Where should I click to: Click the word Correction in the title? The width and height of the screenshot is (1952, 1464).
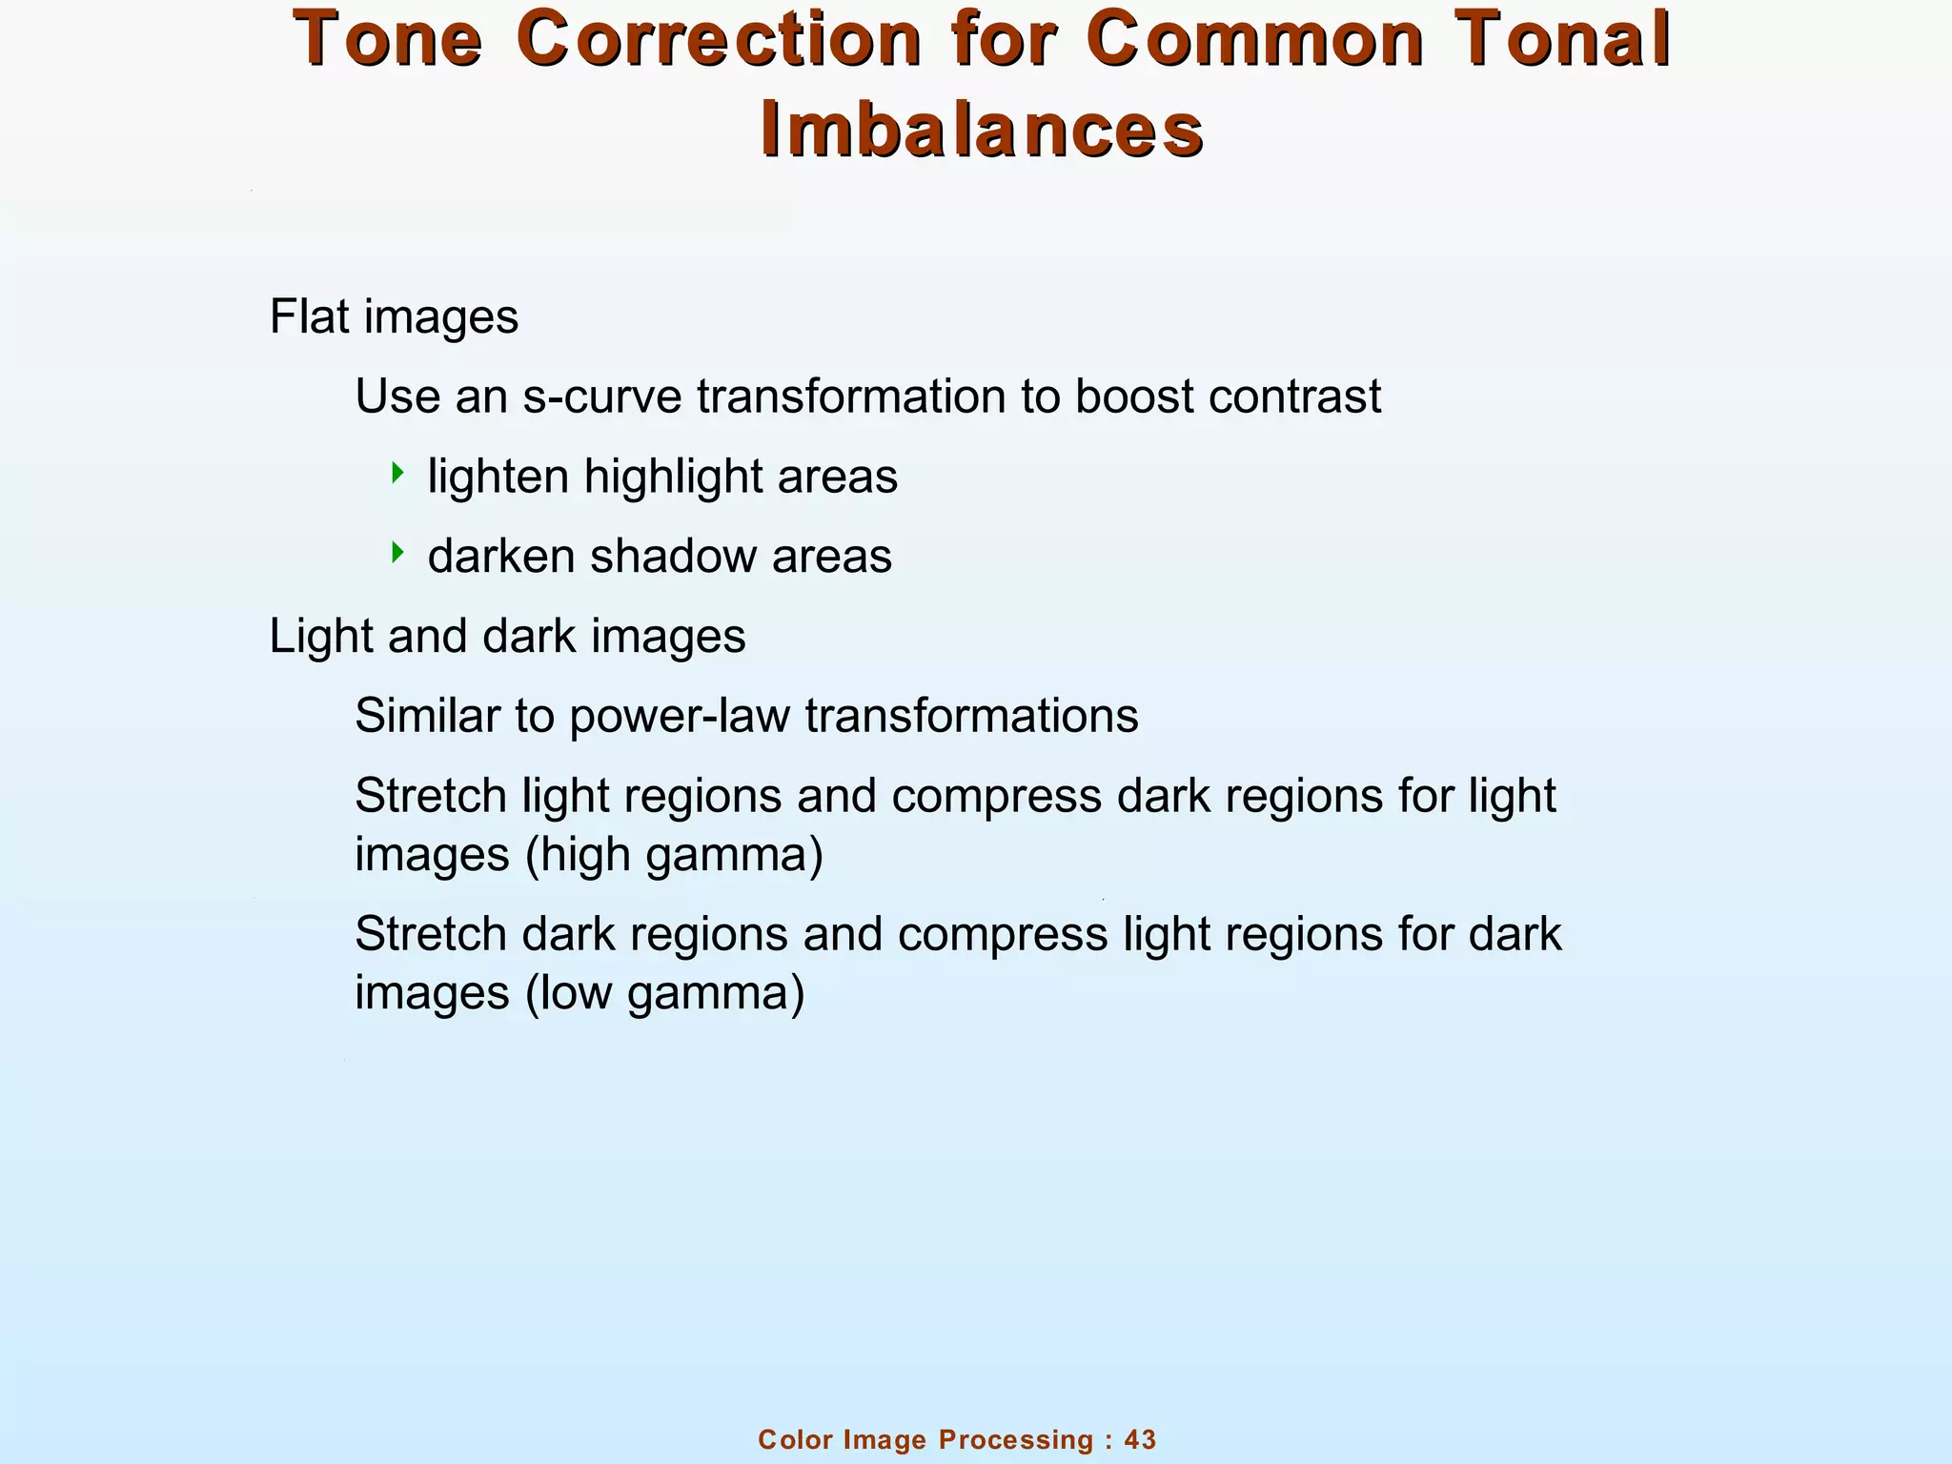[720, 40]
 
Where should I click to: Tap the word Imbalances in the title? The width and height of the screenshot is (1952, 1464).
[982, 131]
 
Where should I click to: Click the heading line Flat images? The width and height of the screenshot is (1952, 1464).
[394, 316]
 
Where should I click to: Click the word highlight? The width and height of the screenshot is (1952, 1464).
[673, 477]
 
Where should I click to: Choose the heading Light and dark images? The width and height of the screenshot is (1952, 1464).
[507, 637]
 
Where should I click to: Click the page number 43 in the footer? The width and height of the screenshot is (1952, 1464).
[1140, 1439]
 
